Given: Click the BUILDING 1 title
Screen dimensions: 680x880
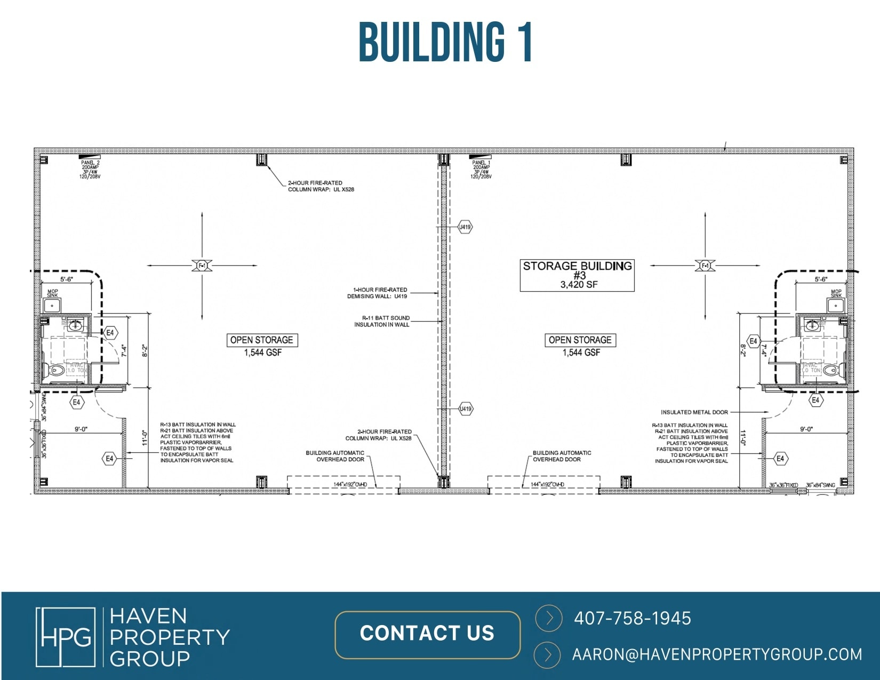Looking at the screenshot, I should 445,42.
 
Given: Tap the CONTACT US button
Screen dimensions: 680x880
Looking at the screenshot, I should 427,634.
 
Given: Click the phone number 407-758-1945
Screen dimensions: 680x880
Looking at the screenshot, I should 632,618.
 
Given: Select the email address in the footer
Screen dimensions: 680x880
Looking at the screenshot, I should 717,654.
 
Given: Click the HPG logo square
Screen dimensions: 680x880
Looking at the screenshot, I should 66,637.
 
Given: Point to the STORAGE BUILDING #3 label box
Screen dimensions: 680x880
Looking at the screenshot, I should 577,275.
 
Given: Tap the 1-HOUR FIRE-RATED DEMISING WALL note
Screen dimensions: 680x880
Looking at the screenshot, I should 377,293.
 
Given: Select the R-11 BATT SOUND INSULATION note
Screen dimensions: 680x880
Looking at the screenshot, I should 382,321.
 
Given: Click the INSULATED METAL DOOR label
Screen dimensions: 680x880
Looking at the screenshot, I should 694,412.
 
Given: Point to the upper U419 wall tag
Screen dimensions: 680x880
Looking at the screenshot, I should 466,227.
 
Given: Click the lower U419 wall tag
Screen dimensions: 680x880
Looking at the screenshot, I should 466,409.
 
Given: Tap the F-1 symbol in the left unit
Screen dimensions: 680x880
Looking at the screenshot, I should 202,266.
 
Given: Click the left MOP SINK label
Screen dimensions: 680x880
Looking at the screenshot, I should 52,293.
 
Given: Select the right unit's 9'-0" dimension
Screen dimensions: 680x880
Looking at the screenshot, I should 806,429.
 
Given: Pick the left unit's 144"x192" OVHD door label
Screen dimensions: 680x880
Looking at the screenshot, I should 350,484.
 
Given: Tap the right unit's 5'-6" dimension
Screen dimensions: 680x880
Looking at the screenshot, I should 820,279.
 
